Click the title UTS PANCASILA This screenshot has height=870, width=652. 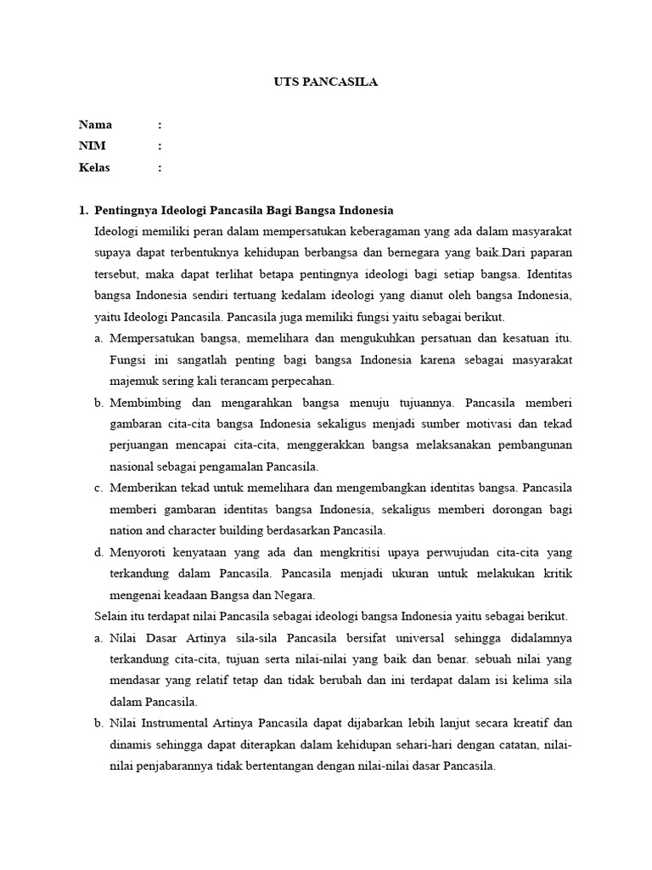[326, 82]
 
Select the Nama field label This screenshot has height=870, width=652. [95, 125]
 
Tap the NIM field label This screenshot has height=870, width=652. [93, 146]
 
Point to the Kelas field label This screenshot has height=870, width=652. [94, 167]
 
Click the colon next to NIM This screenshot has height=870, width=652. [160, 146]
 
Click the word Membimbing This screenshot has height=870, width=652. [143, 403]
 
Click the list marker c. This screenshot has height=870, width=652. [98, 489]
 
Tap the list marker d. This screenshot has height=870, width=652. [98, 552]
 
